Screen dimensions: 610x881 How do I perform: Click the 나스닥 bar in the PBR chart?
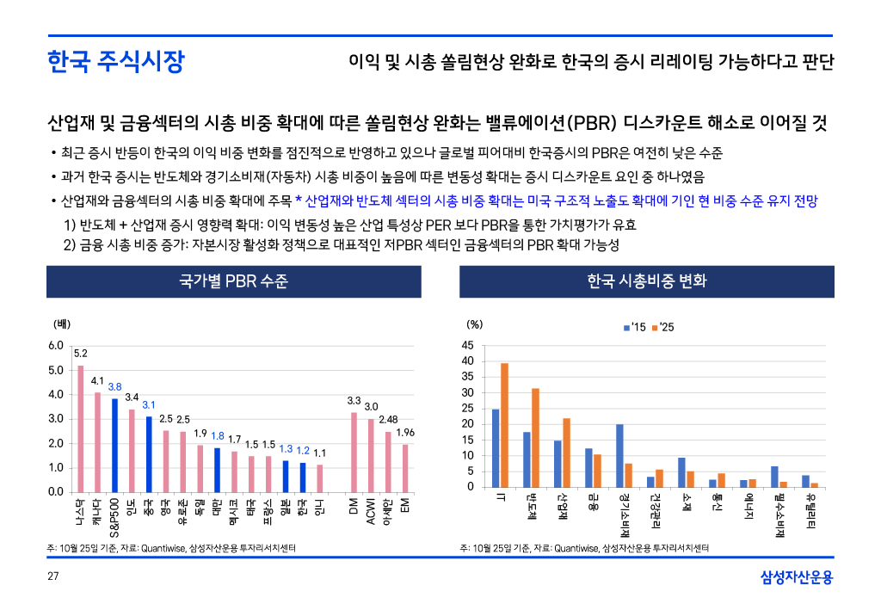pyautogui.click(x=81, y=428)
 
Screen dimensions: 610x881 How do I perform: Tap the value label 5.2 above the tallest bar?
pyautogui.click(x=80, y=353)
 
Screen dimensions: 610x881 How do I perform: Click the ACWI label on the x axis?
pyautogui.click(x=371, y=511)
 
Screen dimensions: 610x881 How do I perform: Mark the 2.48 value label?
pyautogui.click(x=388, y=420)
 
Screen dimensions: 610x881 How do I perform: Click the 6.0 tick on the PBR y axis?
pyautogui.click(x=56, y=346)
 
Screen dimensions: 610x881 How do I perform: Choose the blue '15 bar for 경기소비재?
pyautogui.click(x=619, y=455)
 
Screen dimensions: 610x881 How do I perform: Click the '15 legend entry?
pyautogui.click(x=634, y=328)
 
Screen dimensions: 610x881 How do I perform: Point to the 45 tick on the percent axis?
pyautogui.click(x=467, y=346)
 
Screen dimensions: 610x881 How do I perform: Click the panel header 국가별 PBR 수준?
pyautogui.click(x=233, y=281)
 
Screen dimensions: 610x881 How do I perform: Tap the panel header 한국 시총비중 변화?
pyautogui.click(x=646, y=281)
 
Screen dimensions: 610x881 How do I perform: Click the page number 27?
pyautogui.click(x=52, y=576)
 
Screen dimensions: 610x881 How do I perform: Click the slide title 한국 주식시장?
pyautogui.click(x=115, y=62)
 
